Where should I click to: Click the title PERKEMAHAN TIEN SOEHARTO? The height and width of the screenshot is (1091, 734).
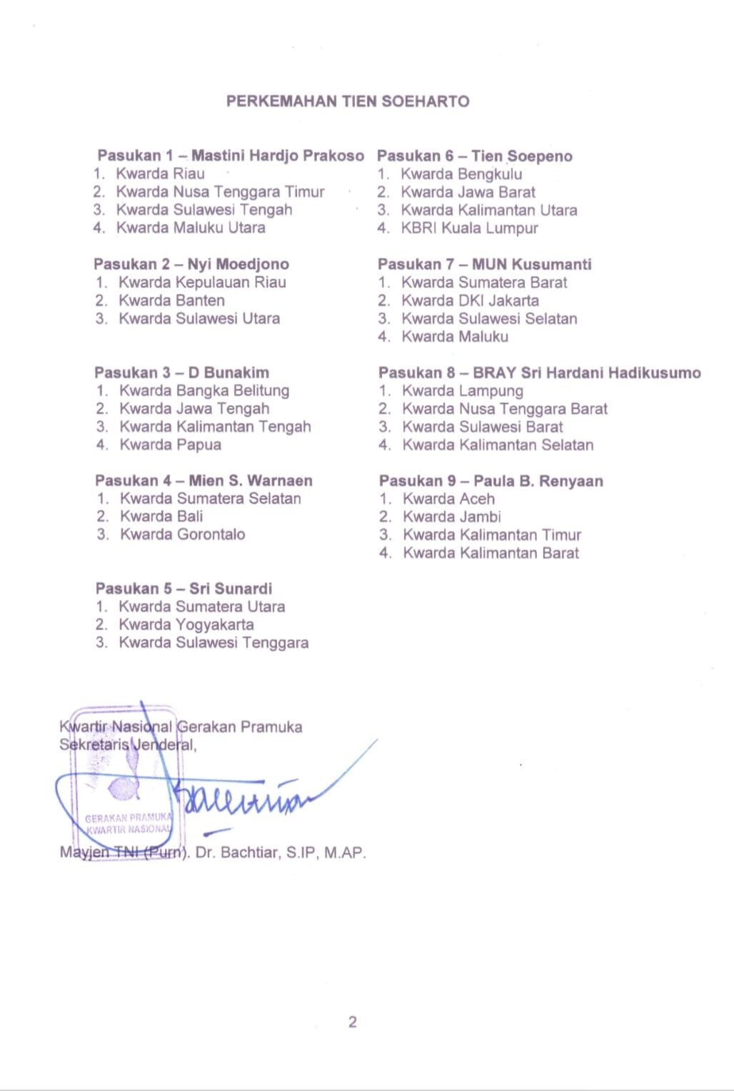[348, 101]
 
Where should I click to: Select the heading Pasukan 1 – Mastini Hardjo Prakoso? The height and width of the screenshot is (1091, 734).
[231, 156]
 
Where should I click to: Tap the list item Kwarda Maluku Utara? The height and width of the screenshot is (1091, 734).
[191, 228]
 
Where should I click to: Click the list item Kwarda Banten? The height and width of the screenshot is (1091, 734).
[171, 300]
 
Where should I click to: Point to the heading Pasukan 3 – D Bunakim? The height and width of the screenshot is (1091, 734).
[181, 372]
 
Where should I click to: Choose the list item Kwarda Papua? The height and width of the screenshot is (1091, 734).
[170, 445]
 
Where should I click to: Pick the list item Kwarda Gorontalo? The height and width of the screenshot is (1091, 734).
[182, 534]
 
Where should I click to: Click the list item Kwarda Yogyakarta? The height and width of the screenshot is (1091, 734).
[186, 624]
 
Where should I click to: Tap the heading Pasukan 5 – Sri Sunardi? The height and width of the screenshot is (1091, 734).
[183, 589]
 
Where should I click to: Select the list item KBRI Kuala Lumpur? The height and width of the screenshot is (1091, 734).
[469, 228]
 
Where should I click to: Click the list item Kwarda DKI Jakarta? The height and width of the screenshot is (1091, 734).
[470, 300]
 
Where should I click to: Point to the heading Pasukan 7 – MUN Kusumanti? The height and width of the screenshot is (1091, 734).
[485, 264]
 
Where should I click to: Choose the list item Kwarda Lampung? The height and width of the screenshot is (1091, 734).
[462, 391]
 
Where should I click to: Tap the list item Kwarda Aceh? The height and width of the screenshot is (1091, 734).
[448, 499]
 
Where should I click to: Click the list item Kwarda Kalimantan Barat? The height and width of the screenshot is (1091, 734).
[491, 553]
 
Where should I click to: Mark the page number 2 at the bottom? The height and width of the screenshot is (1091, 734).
[352, 1022]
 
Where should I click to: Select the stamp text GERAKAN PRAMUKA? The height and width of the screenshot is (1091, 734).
[129, 818]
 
